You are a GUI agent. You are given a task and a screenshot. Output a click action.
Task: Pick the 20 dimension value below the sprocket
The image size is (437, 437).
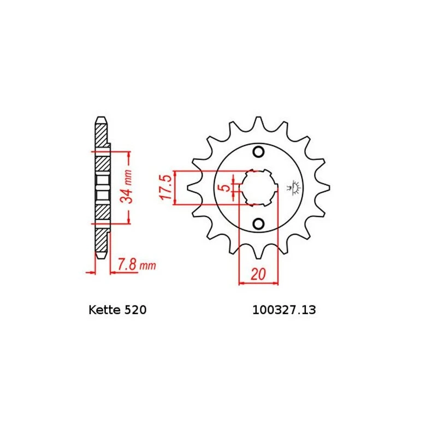pos(258,274)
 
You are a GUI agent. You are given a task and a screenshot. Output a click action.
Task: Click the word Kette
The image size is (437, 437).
pos(102,310)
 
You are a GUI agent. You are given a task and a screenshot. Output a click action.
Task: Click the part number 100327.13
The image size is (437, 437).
pos(284,310)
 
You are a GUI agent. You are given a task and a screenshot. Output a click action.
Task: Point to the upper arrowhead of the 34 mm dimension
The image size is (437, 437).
pos(129,155)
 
